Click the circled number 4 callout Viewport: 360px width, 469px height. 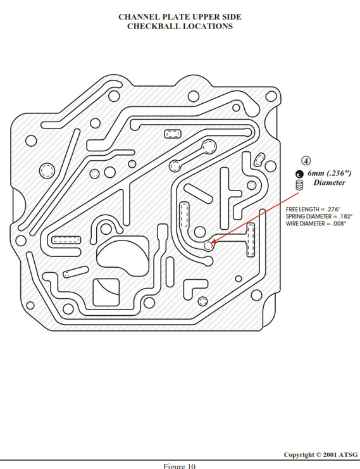(306, 161)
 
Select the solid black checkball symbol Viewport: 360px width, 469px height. (299, 174)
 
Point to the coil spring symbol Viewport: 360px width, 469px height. (299, 185)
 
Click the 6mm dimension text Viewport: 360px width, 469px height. (317, 173)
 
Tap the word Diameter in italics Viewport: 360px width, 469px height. (329, 182)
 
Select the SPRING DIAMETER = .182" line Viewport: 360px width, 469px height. (319, 216)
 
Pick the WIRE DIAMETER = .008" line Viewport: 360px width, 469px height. (316, 223)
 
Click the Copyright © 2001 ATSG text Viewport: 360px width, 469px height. (321, 454)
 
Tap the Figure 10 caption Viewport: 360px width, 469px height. (180, 466)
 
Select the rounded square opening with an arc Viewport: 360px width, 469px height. (106, 292)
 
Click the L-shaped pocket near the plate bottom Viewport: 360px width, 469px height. (194, 287)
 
